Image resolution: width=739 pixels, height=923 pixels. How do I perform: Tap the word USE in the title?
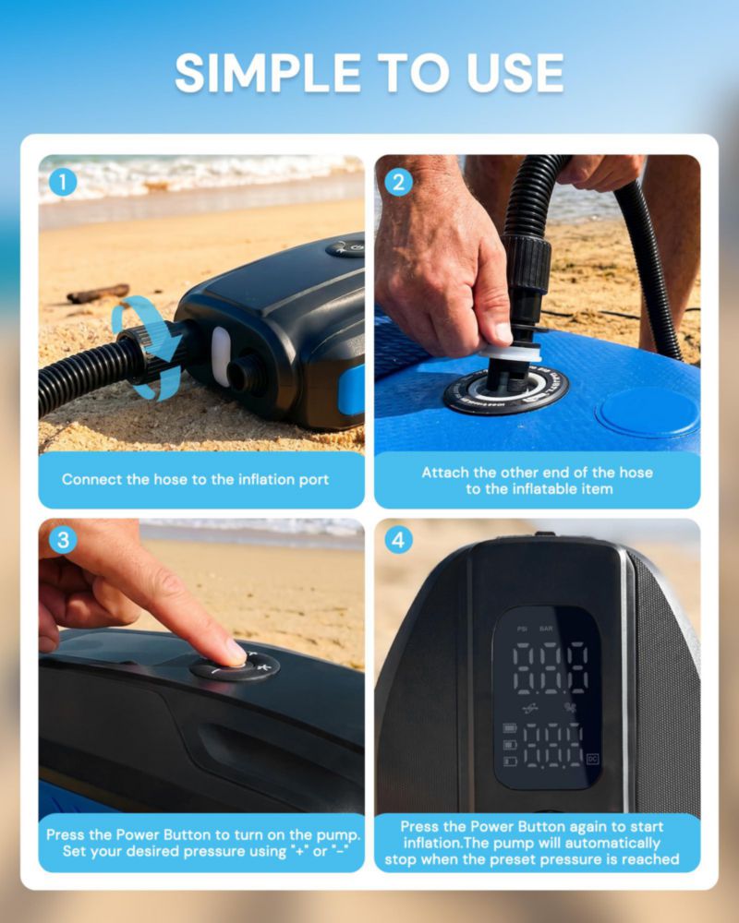coord(515,73)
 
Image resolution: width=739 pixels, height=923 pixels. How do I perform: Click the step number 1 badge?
coord(63,183)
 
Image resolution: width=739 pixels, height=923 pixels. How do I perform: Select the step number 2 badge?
coord(398,183)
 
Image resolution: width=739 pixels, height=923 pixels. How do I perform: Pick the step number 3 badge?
coord(63,540)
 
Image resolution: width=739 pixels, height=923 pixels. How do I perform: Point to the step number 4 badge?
coord(398,540)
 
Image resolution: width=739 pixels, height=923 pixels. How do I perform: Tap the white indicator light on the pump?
coord(221,356)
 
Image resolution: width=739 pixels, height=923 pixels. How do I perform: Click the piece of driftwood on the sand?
coord(98,294)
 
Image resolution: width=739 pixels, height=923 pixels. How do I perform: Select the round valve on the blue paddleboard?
coord(506,390)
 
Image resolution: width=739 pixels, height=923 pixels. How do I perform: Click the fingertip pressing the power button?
coord(236,654)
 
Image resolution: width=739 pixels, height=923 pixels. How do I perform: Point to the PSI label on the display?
coord(522,629)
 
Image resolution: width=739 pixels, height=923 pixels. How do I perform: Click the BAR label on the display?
coord(546,629)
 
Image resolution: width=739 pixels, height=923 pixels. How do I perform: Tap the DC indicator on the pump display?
coord(592,759)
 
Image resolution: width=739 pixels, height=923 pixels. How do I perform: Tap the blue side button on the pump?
coord(351,390)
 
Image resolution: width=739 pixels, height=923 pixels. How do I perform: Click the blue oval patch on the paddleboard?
coord(648,412)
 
